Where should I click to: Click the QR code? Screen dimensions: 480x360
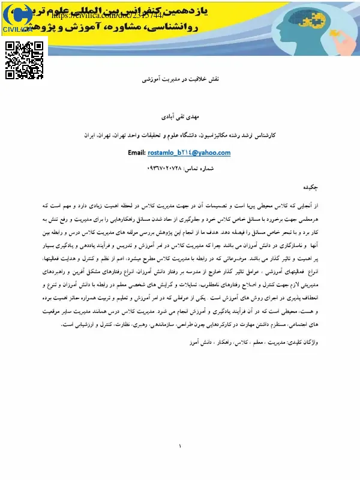(x=26, y=60)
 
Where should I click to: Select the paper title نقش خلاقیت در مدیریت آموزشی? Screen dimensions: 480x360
(x=179, y=79)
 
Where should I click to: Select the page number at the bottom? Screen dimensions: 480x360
(x=180, y=446)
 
